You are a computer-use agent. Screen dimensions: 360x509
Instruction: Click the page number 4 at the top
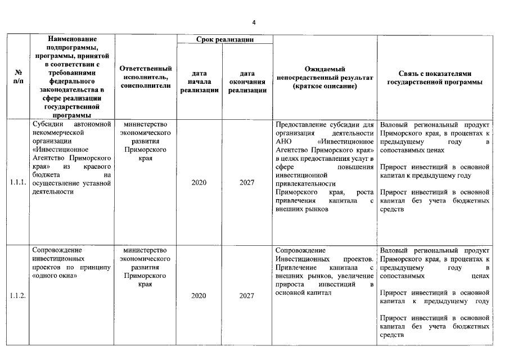254,22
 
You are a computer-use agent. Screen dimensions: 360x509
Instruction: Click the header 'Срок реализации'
224,39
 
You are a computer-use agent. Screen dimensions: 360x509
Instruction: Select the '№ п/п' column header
19,77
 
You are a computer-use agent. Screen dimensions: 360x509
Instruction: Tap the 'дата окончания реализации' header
247,82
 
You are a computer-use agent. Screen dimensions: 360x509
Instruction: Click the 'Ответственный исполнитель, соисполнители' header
146,77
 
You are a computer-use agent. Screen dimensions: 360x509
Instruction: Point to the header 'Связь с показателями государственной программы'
435,78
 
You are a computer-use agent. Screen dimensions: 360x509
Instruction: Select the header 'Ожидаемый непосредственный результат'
326,78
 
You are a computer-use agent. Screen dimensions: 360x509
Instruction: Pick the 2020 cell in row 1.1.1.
199,183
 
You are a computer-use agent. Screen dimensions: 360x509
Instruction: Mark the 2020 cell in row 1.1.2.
199,296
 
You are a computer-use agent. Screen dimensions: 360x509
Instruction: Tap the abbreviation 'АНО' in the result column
283,142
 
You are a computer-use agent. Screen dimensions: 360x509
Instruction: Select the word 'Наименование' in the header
73,39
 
